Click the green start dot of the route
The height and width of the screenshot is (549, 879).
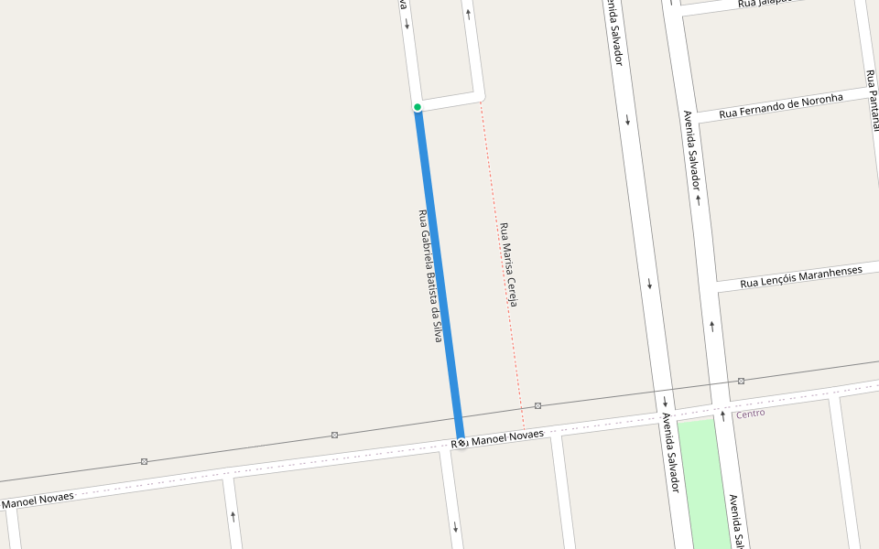point(418,107)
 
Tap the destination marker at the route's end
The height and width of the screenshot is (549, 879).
point(461,443)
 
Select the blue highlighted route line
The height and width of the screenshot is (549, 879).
point(439,274)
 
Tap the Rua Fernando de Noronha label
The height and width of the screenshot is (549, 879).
point(781,106)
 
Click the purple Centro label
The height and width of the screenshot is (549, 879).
point(750,414)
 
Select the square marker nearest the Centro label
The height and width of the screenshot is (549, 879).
point(741,381)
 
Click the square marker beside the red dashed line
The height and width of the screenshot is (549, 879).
point(537,405)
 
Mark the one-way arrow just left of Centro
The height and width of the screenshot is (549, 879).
point(722,416)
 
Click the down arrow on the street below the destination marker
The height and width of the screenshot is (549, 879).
point(455,527)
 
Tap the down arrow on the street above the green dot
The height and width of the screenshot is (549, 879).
point(407,24)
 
